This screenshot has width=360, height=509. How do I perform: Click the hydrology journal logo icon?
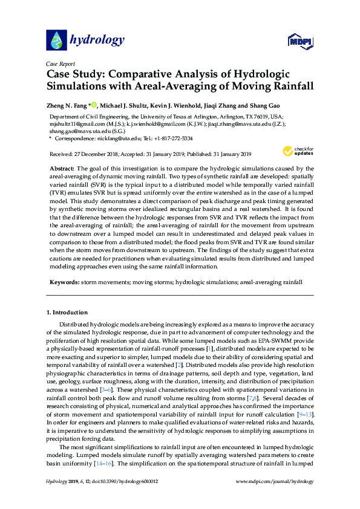[x=56, y=40]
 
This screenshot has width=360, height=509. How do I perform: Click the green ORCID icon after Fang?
[x=94, y=104]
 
